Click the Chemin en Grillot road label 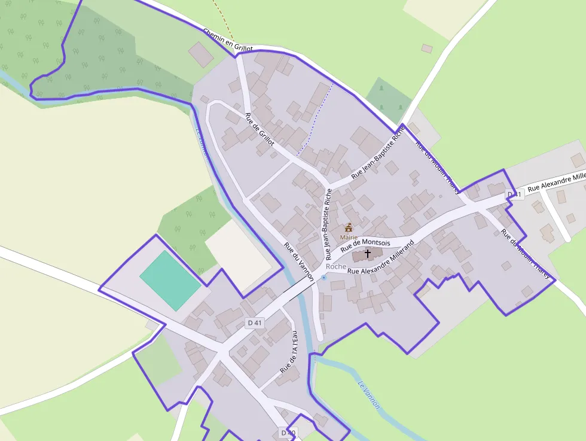tap(228, 39)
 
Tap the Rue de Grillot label tap(260, 129)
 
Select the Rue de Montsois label tap(365, 245)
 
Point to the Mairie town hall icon tap(349, 227)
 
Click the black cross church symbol tap(368, 253)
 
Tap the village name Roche tap(336, 266)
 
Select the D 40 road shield tap(288, 433)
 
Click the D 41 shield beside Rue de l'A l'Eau tap(255, 323)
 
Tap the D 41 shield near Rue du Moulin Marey tap(514, 194)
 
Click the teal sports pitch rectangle tap(170, 280)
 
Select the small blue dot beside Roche tap(324, 278)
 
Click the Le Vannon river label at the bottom tap(368, 395)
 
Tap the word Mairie tap(349, 238)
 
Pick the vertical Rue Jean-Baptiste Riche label tap(326, 224)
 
